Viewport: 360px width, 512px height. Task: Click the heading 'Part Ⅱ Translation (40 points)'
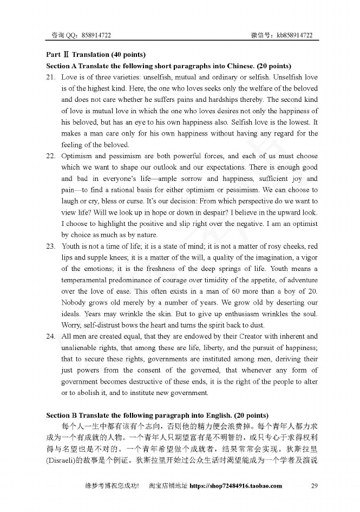(96, 55)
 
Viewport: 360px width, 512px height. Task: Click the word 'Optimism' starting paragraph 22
(77, 155)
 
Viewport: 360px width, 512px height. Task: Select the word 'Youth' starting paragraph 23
(71, 246)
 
